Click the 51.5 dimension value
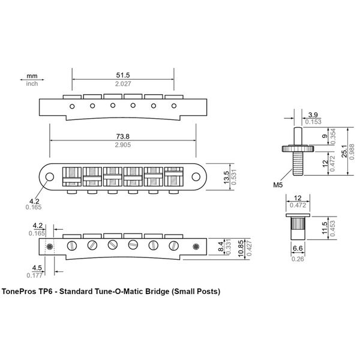123,75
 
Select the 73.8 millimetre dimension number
123,137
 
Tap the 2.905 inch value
123,145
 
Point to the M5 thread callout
278,185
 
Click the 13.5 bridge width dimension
226,177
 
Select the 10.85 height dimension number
241,248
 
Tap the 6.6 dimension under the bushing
298,248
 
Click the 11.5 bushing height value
325,228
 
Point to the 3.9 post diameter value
313,115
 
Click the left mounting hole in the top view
50,177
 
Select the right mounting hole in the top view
196,177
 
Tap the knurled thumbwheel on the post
298,149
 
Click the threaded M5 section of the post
298,164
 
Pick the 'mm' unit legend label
32,76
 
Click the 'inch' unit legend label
32,83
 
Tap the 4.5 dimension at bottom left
37,268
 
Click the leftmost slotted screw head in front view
72,245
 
